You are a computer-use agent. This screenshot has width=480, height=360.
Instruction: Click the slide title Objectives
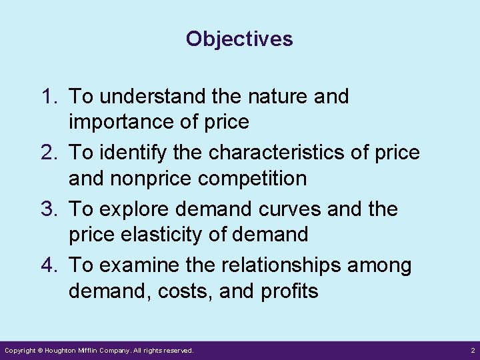[239, 39]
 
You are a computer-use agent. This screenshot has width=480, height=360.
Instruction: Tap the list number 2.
[51, 153]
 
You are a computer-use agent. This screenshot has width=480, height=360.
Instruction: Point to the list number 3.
[51, 209]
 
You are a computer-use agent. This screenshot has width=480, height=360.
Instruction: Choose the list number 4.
[51, 265]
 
